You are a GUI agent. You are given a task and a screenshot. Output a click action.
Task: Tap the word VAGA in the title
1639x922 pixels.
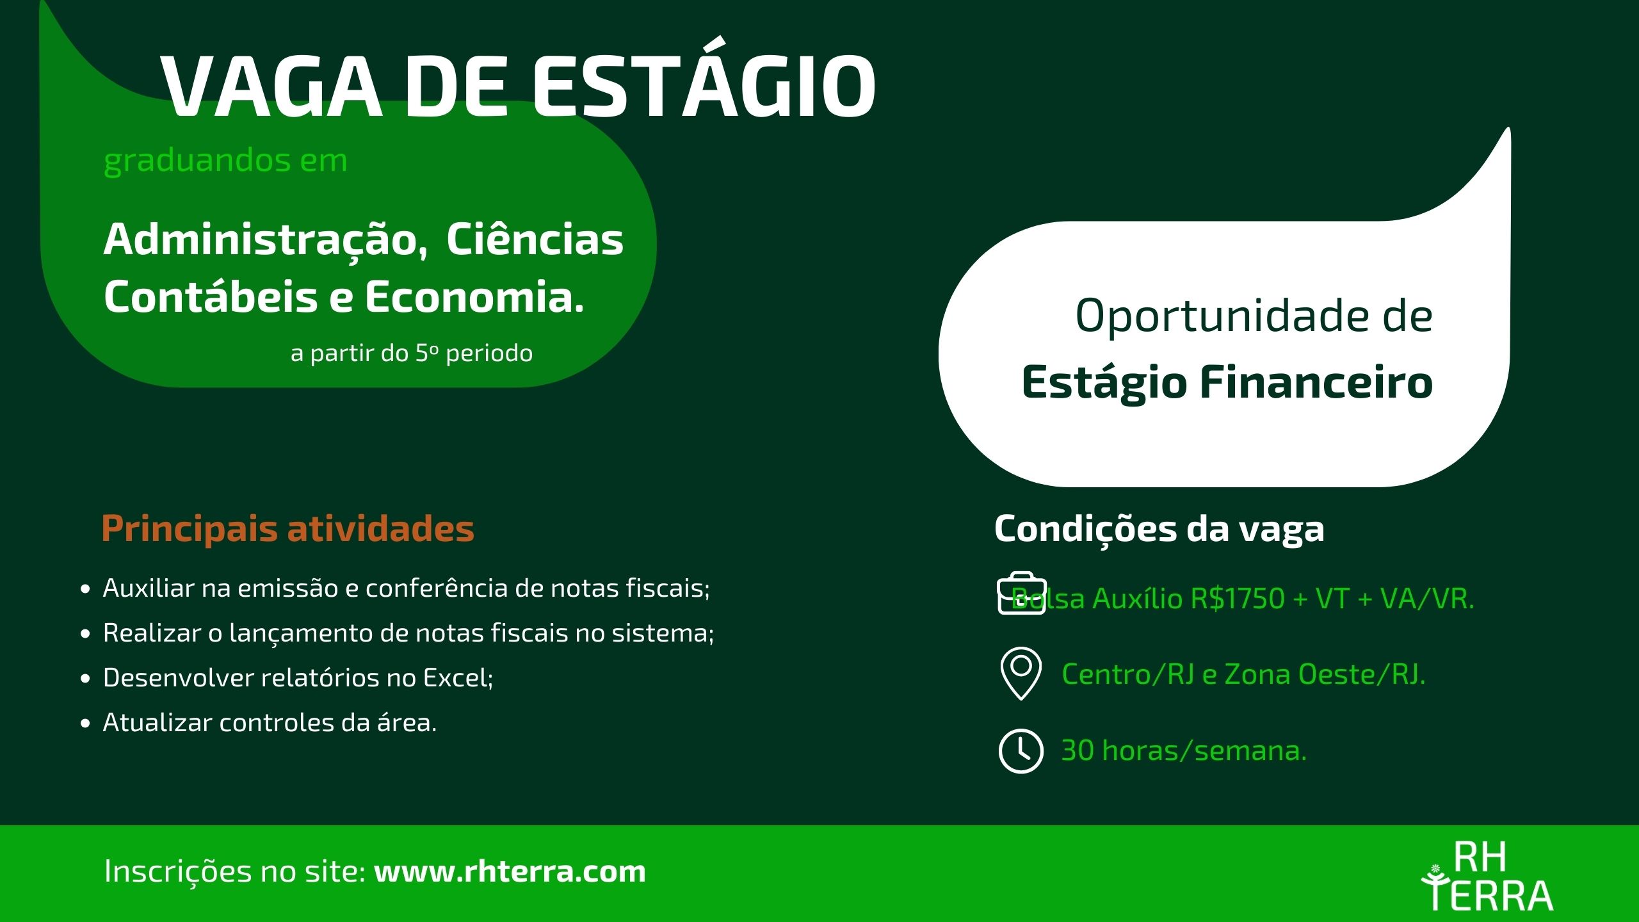(x=272, y=86)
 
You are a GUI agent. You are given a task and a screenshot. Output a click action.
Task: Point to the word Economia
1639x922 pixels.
(x=474, y=298)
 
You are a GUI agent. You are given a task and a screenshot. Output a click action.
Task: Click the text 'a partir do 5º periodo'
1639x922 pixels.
(x=412, y=353)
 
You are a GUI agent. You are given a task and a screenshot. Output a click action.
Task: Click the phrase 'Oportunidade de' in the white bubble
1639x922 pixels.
(x=1254, y=316)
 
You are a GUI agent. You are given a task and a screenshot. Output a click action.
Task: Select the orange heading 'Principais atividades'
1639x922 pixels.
(x=287, y=529)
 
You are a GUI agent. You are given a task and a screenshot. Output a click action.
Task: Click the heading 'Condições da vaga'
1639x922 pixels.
(x=1159, y=530)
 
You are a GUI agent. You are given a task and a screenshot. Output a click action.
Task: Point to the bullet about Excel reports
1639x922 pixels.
(x=298, y=677)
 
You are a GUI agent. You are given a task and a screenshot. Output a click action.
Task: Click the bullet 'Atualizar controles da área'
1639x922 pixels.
(x=270, y=723)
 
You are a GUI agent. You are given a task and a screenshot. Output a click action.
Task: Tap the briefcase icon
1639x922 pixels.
(x=1021, y=593)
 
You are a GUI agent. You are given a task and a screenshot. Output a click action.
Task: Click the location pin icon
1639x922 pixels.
(x=1021, y=674)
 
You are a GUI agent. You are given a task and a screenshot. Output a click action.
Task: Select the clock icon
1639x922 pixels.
(x=1021, y=750)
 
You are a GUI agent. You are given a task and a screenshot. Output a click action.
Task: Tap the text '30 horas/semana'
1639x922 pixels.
(x=1184, y=750)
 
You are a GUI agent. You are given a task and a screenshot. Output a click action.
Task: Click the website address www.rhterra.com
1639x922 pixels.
(x=510, y=871)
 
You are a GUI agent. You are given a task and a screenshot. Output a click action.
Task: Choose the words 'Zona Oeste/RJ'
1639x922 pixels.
(x=1325, y=675)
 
